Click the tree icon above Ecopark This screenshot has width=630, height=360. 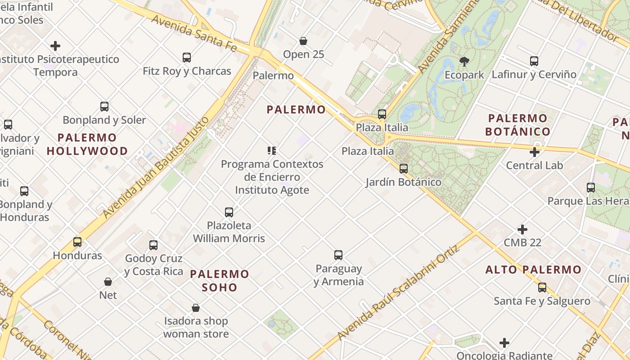464,61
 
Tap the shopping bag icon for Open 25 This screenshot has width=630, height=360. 303,41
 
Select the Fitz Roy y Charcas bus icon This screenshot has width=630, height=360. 187,58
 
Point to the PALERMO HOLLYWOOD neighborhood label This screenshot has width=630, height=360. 87,144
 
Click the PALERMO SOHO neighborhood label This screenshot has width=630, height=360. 220,280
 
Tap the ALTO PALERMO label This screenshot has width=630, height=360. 533,270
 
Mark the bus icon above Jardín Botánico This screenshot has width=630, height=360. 404,169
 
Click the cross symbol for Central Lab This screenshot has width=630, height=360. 535,152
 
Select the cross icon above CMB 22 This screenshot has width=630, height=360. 522,229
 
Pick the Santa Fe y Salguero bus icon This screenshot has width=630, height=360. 542,288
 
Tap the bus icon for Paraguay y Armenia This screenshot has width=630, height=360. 338,255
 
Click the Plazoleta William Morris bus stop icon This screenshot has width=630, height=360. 229,212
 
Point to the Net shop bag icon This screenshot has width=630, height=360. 108,282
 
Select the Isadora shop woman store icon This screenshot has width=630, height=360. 196,308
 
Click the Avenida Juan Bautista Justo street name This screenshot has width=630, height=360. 156,167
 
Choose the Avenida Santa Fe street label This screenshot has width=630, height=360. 193,33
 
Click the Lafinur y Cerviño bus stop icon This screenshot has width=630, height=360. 534,61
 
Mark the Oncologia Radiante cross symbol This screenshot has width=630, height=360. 504,343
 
